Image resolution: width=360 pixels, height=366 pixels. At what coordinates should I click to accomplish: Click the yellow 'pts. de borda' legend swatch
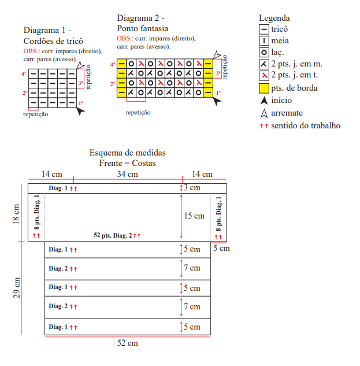(264, 88)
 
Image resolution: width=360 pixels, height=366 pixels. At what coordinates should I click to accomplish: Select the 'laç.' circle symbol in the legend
(264, 52)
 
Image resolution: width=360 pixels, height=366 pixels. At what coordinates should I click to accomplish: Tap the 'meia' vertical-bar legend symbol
(264, 41)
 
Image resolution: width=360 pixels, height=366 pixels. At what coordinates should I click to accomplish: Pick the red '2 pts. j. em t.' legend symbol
(264, 75)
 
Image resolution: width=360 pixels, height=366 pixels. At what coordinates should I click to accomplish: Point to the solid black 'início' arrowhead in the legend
(264, 101)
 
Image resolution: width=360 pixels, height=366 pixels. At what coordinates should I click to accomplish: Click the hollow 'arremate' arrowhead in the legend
(264, 113)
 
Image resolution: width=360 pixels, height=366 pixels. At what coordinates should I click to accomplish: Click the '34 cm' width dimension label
(127, 174)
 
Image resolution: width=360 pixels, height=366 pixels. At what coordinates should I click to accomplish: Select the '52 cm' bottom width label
(127, 343)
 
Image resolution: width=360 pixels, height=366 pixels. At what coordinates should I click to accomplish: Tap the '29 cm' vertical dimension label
(16, 288)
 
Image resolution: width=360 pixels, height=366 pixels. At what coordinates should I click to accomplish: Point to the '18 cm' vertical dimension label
(16, 214)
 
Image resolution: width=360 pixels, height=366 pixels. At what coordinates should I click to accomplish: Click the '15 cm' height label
(194, 216)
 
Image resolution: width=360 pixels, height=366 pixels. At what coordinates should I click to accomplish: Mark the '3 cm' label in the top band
(192, 187)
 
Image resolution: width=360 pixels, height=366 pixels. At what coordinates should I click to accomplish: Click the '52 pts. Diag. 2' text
(113, 235)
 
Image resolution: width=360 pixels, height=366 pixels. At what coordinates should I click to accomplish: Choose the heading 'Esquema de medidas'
(127, 153)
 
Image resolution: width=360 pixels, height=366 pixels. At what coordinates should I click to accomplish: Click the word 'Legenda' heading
(274, 18)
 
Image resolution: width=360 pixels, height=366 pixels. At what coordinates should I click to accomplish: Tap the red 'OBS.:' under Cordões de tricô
(32, 51)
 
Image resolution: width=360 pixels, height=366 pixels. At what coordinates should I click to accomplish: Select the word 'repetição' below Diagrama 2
(138, 113)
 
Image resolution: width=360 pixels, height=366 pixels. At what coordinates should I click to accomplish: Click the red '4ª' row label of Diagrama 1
(24, 74)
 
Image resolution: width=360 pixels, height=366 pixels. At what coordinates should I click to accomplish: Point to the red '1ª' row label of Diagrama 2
(218, 93)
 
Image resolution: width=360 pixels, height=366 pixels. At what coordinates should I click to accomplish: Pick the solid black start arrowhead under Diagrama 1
(80, 112)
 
